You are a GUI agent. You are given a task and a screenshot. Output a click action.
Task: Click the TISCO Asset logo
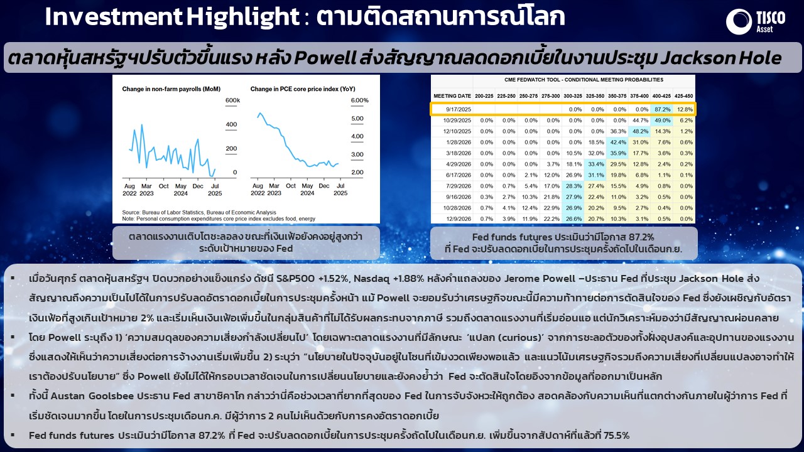coord(755,21)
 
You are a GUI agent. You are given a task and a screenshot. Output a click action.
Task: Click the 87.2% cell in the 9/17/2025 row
coord(662,109)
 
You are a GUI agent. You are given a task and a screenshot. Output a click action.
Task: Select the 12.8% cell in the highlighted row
coord(685,109)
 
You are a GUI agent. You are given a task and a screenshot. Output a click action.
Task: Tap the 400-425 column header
coord(661,96)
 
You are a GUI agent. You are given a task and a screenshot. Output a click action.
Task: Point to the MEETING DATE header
coord(452,96)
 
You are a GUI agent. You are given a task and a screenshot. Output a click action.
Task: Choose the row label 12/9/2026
coord(459,219)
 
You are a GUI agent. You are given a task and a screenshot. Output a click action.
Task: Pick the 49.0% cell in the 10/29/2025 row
coord(662,121)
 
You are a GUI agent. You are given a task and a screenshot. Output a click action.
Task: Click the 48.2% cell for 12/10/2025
coord(640,131)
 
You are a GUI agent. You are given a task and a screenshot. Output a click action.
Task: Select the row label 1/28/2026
coord(459,143)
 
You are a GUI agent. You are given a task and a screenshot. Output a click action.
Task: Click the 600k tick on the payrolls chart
coord(232,100)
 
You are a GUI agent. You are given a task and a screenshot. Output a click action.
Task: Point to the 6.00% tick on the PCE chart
coord(360,100)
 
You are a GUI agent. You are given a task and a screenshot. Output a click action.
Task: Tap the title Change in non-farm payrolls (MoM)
coord(171,89)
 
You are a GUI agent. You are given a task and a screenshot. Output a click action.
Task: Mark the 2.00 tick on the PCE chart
coord(357,172)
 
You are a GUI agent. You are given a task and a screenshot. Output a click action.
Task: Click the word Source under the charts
coord(130,212)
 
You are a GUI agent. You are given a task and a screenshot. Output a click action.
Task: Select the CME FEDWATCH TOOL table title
coord(584,80)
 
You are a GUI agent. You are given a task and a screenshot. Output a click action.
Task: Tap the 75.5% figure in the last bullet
coord(616,436)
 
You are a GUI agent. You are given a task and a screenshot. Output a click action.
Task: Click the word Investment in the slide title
coord(113,16)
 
